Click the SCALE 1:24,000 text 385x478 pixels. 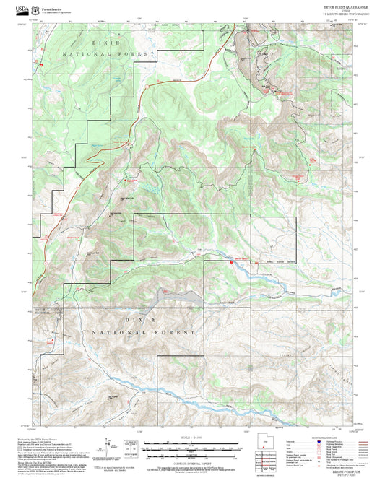click(x=192, y=438)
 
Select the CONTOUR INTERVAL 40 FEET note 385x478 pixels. click(x=192, y=461)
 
